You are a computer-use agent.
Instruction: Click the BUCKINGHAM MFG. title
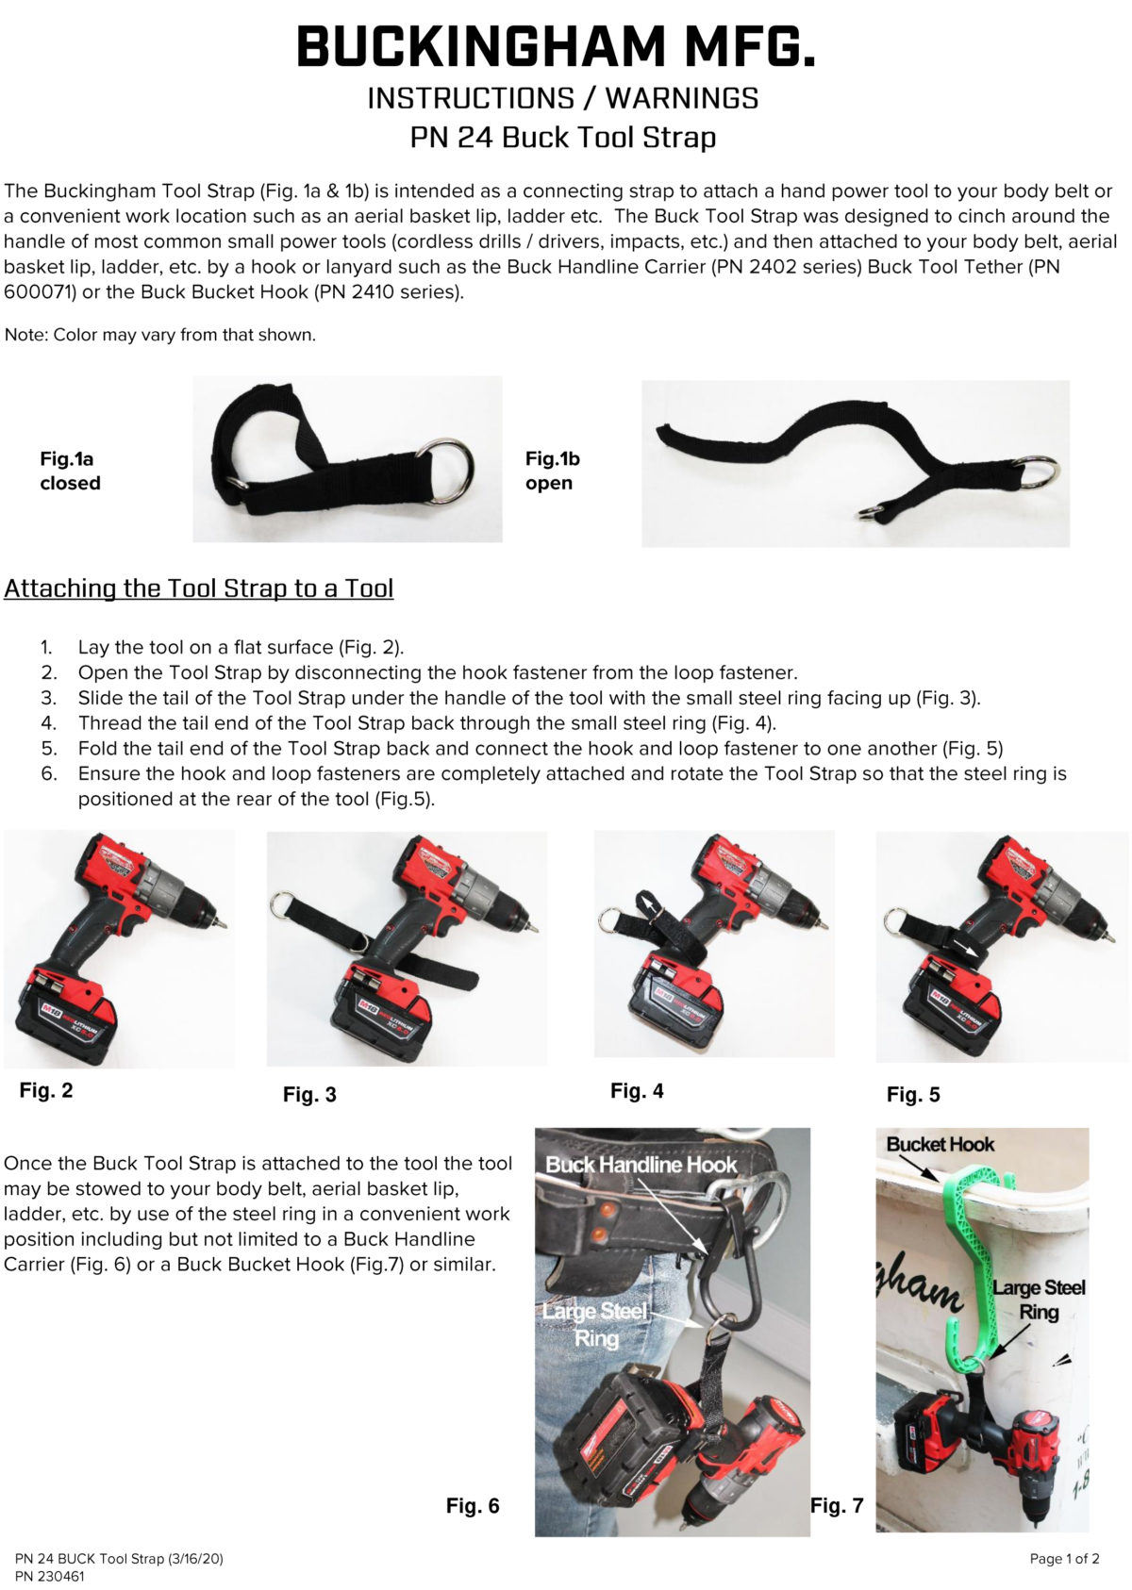click(x=557, y=47)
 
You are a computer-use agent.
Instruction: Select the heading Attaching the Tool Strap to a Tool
click(x=198, y=588)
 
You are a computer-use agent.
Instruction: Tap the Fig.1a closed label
click(x=70, y=471)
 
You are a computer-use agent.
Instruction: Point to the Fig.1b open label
click(x=552, y=471)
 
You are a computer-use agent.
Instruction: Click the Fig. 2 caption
click(x=46, y=1091)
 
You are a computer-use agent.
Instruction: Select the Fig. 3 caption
click(x=309, y=1095)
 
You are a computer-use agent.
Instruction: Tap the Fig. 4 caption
click(x=637, y=1091)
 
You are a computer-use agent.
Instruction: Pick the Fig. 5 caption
click(x=913, y=1095)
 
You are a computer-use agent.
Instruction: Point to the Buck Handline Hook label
click(x=641, y=1165)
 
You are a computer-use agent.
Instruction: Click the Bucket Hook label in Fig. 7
click(x=941, y=1145)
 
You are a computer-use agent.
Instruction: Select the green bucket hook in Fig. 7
click(x=981, y=1254)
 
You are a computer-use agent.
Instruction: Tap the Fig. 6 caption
click(x=473, y=1506)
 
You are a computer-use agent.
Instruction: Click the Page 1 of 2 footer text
click(x=1064, y=1559)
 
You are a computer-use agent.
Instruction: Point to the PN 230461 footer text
click(x=49, y=1576)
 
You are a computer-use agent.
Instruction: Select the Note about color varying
click(x=160, y=335)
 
